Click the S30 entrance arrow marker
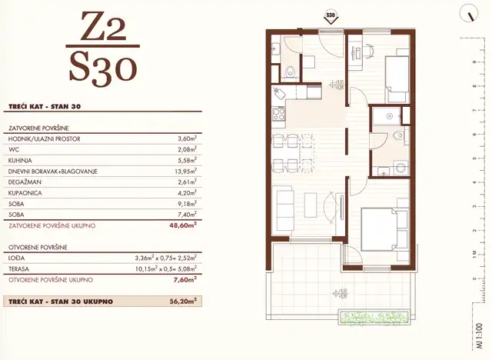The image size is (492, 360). pos(331,15)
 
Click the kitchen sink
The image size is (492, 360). pos(279,96)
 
